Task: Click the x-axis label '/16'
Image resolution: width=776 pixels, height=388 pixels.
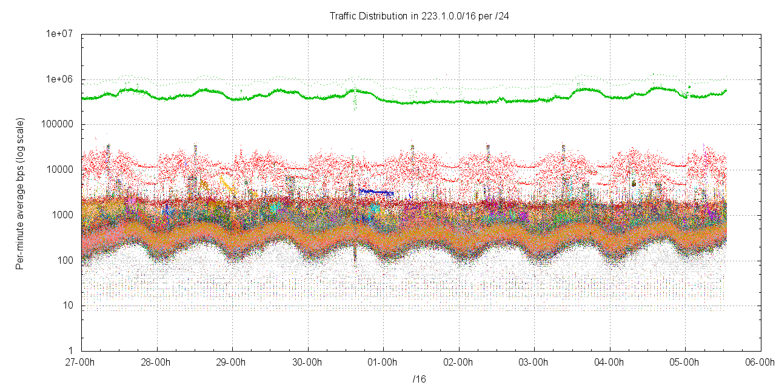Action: [x=419, y=380]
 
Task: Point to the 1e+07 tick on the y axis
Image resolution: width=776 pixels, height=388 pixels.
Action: [x=61, y=35]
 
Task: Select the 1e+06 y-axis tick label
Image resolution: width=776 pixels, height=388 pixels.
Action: [x=61, y=79]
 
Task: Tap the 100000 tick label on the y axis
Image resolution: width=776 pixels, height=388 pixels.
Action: [x=59, y=125]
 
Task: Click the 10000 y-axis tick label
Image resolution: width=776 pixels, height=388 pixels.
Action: [x=61, y=170]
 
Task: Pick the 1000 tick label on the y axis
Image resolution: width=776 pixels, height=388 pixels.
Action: [x=63, y=215]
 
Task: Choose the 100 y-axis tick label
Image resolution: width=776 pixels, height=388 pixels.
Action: [x=65, y=261]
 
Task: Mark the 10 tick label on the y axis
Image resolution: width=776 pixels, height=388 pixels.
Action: [x=68, y=306]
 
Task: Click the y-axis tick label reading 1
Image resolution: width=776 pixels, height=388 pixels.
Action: [x=70, y=351]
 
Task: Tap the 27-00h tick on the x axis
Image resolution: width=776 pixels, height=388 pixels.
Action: [x=81, y=362]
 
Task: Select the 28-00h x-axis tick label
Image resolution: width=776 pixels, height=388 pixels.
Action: [x=157, y=362]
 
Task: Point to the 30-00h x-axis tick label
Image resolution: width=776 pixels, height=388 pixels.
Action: [x=308, y=362]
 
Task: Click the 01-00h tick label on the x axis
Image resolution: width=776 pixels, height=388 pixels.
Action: [x=383, y=362]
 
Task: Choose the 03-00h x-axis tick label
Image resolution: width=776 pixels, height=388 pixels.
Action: [x=534, y=362]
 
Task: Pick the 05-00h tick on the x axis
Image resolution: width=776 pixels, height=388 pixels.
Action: [x=685, y=362]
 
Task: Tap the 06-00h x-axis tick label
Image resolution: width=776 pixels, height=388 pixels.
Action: [x=760, y=362]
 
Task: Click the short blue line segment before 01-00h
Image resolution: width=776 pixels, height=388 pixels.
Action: [x=375, y=192]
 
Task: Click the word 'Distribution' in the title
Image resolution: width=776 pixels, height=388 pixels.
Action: [x=383, y=16]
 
